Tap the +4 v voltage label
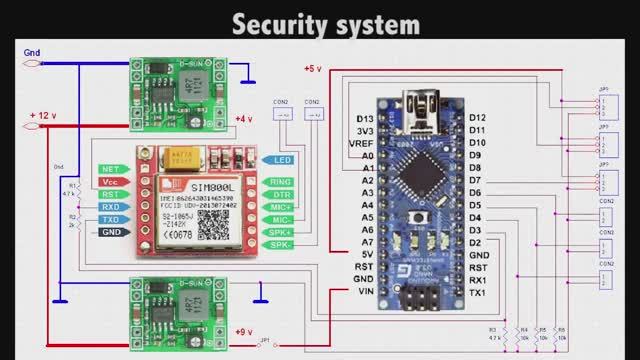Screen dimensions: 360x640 pos(243,120)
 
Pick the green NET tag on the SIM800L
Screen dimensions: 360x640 pos(111,169)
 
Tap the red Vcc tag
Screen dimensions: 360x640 pos(111,182)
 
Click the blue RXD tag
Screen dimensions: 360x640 pos(110,207)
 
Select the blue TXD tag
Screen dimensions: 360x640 pos(110,219)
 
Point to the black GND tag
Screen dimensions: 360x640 pos(110,232)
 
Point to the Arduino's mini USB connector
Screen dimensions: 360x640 pos(413,101)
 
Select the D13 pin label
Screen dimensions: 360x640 pos(366,119)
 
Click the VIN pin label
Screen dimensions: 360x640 pos(365,291)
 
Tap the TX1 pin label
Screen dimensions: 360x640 pos(478,292)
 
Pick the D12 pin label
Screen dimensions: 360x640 pos(478,118)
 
